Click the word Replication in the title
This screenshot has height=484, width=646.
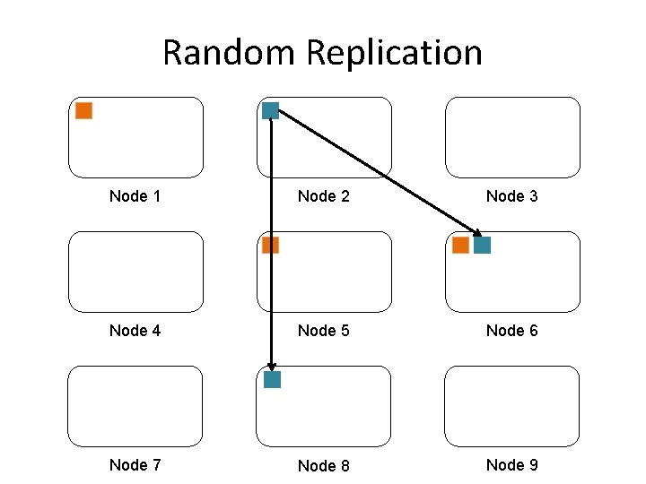394,53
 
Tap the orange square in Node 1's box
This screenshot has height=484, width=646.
83,111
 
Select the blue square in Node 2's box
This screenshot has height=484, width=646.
270,111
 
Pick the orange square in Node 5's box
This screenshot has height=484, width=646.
270,245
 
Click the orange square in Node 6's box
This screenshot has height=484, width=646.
460,245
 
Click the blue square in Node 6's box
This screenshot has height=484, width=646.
482,245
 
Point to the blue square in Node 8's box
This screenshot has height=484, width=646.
272,379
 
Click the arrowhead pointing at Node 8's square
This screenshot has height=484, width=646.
271,365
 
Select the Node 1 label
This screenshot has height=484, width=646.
135,196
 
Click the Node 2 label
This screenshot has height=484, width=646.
323,196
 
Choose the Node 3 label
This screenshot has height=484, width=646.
511,196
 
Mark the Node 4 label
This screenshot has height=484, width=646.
135,331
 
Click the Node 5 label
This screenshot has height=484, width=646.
323,331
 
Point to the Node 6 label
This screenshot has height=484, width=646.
511,331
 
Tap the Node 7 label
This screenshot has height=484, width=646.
135,464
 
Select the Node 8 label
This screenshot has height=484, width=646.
323,465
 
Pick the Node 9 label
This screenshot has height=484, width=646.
511,464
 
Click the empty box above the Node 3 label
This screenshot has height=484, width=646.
512,137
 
